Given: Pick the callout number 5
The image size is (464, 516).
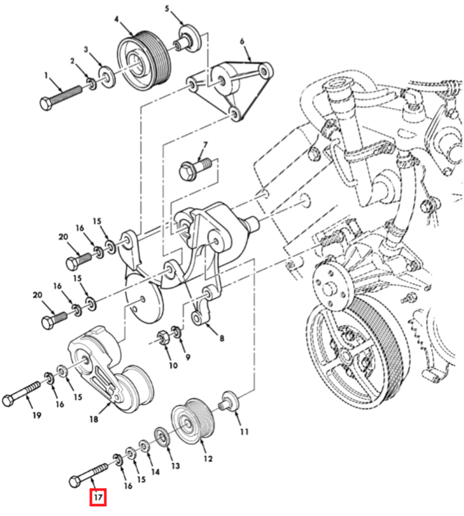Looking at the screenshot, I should pos(166,9).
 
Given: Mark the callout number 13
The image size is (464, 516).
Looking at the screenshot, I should pos(175,466).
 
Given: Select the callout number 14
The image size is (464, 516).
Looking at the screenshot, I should pos(155,471).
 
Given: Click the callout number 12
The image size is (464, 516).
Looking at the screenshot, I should pos(208,458).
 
